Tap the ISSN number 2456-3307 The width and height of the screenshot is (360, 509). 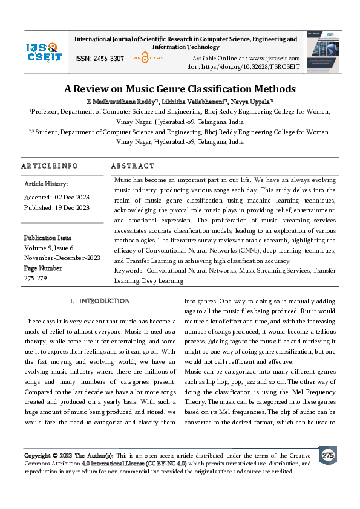(110, 59)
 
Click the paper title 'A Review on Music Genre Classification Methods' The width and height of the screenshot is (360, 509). (180, 89)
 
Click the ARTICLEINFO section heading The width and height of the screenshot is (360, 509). (50, 166)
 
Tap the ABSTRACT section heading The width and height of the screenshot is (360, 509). (133, 166)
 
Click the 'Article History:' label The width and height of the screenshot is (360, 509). (46, 183)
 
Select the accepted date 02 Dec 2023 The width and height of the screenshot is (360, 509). (72, 196)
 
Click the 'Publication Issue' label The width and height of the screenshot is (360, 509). (48, 238)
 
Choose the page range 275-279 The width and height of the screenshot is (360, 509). (36, 278)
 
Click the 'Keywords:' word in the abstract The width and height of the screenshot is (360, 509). (129, 270)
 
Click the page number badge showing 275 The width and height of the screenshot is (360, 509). (328, 455)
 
